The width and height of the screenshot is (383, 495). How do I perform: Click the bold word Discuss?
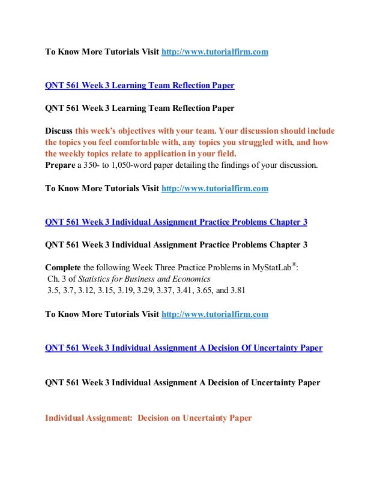pos(59,131)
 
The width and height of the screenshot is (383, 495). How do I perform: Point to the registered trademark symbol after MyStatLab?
pos(294,264)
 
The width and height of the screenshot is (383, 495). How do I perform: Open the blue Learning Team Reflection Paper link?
pos(140,86)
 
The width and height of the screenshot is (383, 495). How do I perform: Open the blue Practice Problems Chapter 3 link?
pos(176,222)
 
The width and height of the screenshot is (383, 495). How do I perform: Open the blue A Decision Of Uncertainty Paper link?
pos(184,348)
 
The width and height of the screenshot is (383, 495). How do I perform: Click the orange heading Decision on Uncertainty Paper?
pos(195,418)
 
